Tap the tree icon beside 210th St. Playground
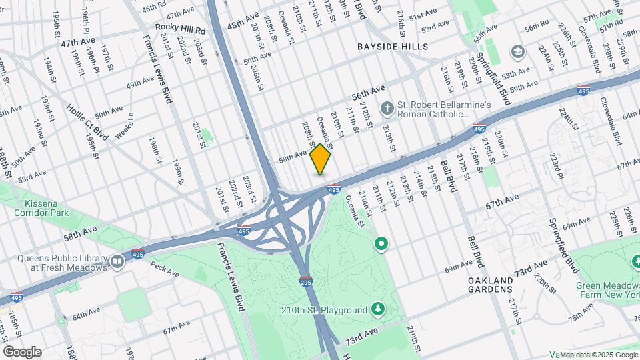[x=378, y=309]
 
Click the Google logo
[x=22, y=351]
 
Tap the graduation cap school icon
[x=517, y=52]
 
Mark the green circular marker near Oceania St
[x=381, y=245]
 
